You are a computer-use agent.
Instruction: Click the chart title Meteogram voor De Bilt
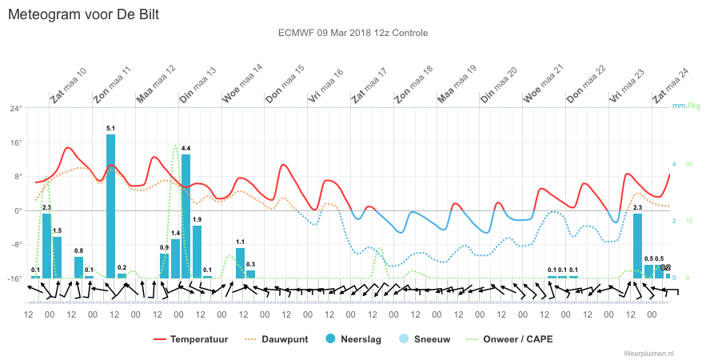coord(84,14)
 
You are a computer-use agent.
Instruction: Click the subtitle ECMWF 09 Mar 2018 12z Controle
coord(353,33)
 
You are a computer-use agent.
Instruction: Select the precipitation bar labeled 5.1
coord(111,206)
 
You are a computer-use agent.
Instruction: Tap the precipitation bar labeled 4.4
coord(186,216)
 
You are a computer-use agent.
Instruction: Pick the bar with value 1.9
coord(197,252)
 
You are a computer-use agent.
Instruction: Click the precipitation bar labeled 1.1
coord(241,263)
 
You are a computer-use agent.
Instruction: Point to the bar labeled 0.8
coord(79,267)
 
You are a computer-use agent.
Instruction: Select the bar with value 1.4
coord(176,258)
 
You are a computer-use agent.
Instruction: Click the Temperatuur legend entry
coord(191,339)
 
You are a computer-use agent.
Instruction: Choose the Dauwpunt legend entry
coord(277,339)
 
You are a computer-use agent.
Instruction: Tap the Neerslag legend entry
coord(354,339)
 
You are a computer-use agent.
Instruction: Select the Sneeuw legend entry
coord(425,339)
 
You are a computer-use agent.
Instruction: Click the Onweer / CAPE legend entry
coord(511,339)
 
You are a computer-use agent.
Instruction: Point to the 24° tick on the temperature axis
coord(16,108)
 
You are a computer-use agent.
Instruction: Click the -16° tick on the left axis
coord(15,278)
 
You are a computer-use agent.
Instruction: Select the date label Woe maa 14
coord(241,84)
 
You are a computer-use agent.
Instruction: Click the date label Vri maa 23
coord(627,86)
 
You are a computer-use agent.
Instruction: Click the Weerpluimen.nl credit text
coord(648,354)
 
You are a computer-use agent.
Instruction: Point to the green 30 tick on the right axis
coord(689,164)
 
